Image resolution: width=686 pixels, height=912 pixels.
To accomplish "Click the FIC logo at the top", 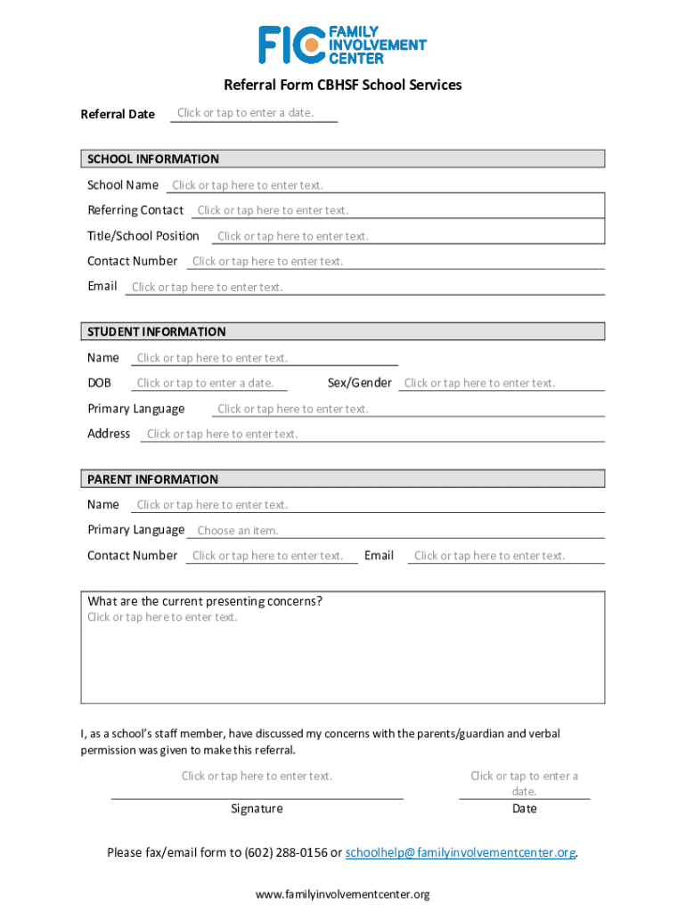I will point(342,45).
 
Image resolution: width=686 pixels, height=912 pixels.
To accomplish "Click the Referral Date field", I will point(246,113).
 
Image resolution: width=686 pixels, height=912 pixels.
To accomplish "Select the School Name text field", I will point(248,185).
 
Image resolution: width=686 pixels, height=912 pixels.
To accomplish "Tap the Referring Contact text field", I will point(273,210).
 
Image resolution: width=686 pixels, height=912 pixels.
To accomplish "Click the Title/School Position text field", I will point(292,236).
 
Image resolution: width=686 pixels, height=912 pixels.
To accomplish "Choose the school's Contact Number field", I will point(267,261).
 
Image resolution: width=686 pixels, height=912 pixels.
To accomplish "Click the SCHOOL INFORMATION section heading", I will point(153,159).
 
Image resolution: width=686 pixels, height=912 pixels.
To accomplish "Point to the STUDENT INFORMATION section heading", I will point(157,332).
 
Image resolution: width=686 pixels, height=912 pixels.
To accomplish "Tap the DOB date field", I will point(205,383).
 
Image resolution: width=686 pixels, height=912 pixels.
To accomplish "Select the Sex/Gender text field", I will point(479,383).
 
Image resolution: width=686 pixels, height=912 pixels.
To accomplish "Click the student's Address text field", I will point(222,434).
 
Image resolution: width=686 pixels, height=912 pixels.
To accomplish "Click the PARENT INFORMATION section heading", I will point(152,479).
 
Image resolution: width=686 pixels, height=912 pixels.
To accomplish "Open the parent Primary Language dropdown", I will point(238,531).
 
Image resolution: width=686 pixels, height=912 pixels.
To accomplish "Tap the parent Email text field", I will point(489,556).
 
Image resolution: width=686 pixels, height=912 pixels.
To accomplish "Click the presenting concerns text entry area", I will point(342,655).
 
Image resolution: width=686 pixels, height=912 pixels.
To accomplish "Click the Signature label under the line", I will point(257,809).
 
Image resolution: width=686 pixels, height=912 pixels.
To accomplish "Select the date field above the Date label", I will point(524,783).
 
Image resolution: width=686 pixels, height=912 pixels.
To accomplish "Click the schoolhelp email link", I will point(460,852).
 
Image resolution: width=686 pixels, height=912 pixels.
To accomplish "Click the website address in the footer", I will point(343,894).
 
